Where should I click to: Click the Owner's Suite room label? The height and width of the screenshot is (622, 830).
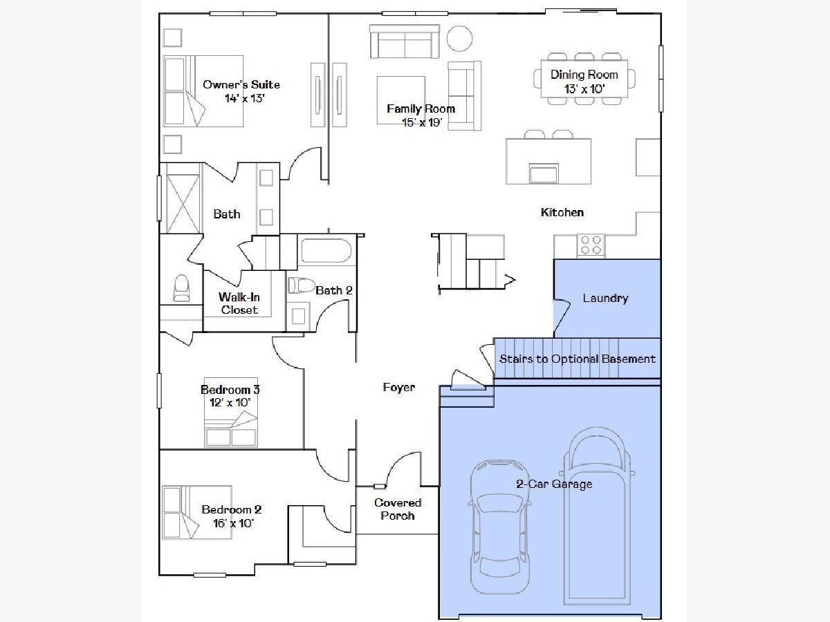pos(241,91)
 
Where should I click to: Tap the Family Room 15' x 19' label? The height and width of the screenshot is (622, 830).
pos(421,115)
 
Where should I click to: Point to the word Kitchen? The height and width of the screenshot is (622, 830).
pos(562,212)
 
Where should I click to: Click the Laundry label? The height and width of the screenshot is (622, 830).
pos(605,299)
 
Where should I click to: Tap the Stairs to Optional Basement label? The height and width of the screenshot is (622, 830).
pos(578,359)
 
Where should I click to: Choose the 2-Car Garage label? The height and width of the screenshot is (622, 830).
pos(554,484)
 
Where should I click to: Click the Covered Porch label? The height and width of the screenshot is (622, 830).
pos(398,509)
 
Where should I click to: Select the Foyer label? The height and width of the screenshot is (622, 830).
pos(399,387)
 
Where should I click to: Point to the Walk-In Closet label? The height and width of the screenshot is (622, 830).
pos(239,303)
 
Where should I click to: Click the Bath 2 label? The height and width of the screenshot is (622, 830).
pos(334,290)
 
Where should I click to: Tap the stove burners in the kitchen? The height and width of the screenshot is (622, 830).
pos(591,245)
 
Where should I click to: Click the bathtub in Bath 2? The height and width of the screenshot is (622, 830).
pos(326,250)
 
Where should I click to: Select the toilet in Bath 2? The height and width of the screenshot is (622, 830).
pos(302,285)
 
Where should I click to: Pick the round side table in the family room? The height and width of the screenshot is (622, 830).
pos(459,38)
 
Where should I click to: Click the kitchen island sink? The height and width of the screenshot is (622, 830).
pos(544,173)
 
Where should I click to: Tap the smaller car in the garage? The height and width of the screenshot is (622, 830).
pos(499,527)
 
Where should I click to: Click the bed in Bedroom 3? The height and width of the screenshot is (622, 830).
pos(231,413)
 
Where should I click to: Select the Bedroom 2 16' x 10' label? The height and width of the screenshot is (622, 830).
pos(232,516)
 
